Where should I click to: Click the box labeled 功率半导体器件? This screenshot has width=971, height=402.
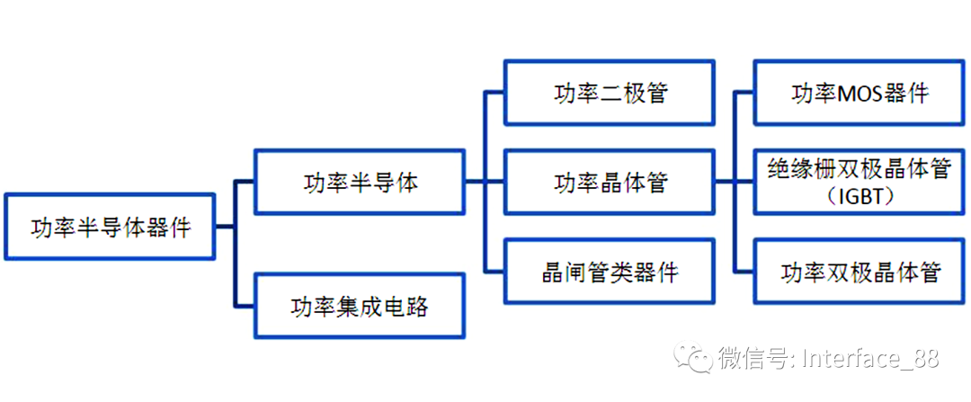(110, 227)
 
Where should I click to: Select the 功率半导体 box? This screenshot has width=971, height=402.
(361, 183)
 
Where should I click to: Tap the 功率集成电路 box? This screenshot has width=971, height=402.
(361, 307)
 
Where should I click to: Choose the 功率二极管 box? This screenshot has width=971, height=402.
(610, 93)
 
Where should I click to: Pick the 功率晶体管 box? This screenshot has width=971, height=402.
(610, 183)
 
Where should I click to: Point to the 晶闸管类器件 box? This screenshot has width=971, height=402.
(610, 272)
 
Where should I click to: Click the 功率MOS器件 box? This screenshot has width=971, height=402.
(859, 93)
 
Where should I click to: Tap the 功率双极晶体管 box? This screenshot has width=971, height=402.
(859, 272)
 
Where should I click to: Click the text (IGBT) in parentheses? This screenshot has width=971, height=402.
(859, 195)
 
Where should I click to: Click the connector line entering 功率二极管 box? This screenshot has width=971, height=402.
(494, 93)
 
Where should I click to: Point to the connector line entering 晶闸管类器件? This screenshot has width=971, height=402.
(494, 272)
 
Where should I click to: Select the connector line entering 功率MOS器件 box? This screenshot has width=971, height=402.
(744, 93)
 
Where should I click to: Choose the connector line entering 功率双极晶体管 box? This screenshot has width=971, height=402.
(744, 272)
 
